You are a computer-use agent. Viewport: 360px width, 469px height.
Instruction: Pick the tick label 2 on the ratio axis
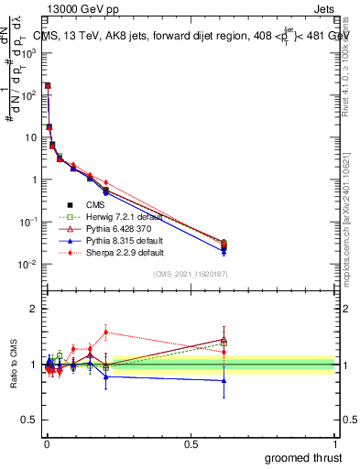coord(34,309)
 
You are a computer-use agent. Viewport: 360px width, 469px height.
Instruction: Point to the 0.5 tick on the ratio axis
coord(30,420)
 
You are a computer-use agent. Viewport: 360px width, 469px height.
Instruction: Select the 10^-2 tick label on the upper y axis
coord(28,265)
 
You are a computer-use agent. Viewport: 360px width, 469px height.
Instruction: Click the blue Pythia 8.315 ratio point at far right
coord(224,380)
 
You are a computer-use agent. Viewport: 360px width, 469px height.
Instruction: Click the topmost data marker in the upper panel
coord(48,85)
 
